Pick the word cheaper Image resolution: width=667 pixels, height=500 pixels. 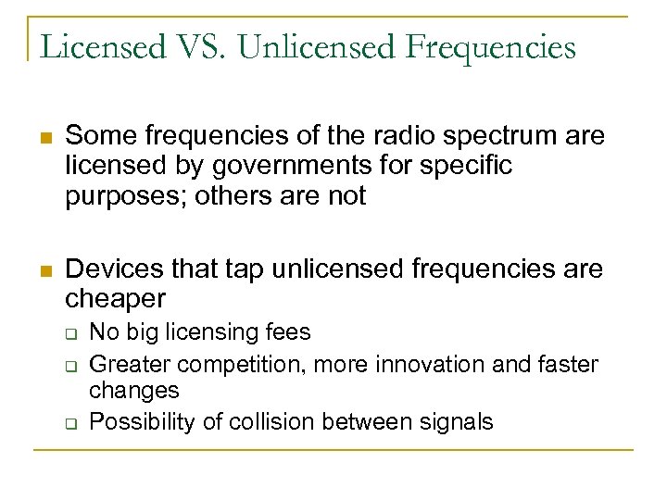[116, 299]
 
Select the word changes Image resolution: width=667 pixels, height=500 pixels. [134, 392]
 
